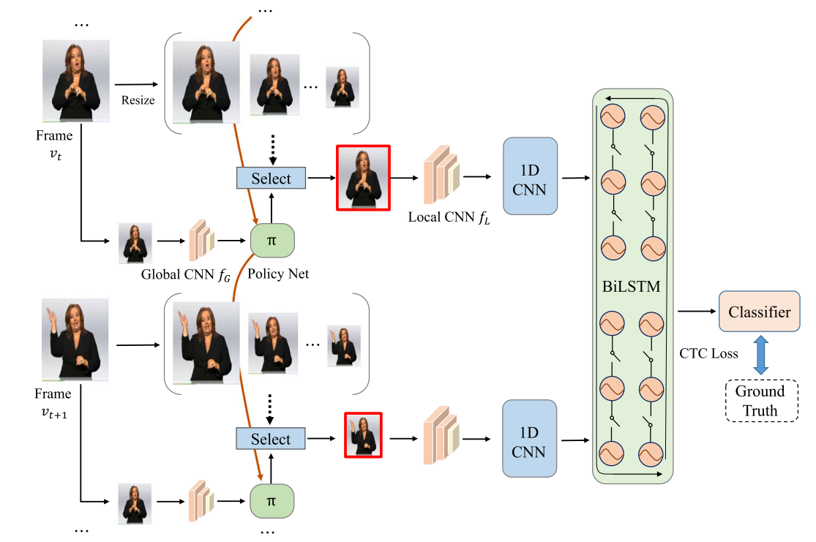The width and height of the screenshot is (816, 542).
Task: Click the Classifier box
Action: [759, 312]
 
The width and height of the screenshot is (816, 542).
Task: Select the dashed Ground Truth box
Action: [759, 401]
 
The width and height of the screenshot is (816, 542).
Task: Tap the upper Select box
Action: [271, 178]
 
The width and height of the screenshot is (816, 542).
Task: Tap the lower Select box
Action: [271, 439]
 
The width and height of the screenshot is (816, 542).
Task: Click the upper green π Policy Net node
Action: [272, 241]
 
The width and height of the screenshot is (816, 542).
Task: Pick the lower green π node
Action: [272, 501]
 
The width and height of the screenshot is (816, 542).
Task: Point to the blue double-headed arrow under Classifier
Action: [759, 354]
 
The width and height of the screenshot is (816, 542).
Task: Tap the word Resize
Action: [138, 100]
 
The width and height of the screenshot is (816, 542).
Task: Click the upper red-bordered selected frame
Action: [363, 178]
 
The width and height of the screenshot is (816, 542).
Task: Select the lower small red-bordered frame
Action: [363, 434]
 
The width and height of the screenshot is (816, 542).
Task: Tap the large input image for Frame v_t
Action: [70, 80]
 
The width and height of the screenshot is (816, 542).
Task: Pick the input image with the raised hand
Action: [75, 339]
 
